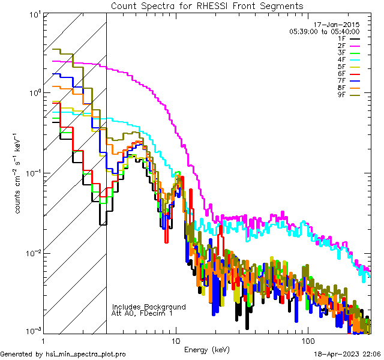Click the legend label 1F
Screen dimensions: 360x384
pos(341,38)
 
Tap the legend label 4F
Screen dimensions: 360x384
pos(341,59)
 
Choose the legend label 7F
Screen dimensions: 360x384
pos(341,80)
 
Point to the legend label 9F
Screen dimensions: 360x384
pos(341,95)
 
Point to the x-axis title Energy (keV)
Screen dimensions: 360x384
pos(207,349)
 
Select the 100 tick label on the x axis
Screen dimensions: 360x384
pos(307,340)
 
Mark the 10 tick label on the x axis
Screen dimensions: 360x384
pos(175,340)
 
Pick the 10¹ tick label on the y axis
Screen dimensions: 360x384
pos(32,13)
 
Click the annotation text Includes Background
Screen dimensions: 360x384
pos(149,307)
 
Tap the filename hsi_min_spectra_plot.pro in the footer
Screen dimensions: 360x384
pos(86,354)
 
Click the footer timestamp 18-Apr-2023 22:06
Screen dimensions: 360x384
pos(347,354)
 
